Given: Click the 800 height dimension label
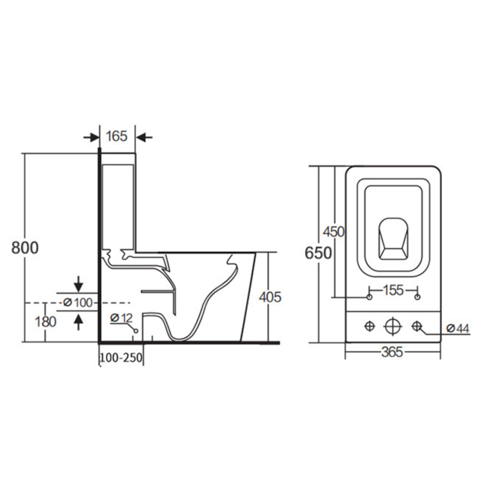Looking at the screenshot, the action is [x=25, y=248].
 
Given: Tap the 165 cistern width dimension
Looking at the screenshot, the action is [x=117, y=136].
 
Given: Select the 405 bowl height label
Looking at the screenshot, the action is [x=270, y=297].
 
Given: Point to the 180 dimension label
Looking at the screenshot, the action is [x=46, y=322].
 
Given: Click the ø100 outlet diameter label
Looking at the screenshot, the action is [x=78, y=302].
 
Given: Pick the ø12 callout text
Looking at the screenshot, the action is [x=121, y=318].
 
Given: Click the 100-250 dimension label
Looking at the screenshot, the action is [x=121, y=358].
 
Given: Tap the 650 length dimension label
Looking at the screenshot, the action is [x=318, y=253].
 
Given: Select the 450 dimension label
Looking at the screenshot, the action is [x=334, y=232].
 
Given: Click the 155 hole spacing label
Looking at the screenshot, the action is [x=393, y=290].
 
